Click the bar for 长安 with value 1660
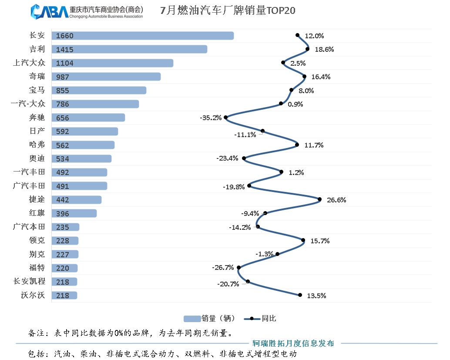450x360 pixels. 142,36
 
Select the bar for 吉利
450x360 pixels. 129,49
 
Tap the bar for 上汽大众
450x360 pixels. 112,63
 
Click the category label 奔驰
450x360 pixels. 37,118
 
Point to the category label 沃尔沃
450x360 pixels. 33,295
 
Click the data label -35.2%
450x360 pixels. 211,118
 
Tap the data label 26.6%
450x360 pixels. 336,200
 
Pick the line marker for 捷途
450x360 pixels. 319,199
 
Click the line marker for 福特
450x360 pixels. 238,268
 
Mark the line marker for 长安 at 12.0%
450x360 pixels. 298,35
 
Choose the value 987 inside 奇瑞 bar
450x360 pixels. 63,77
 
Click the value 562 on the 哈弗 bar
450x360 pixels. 63,145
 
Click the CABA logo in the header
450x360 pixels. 49,12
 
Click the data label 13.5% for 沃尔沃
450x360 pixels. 316,296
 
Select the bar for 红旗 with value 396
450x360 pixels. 74,213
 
